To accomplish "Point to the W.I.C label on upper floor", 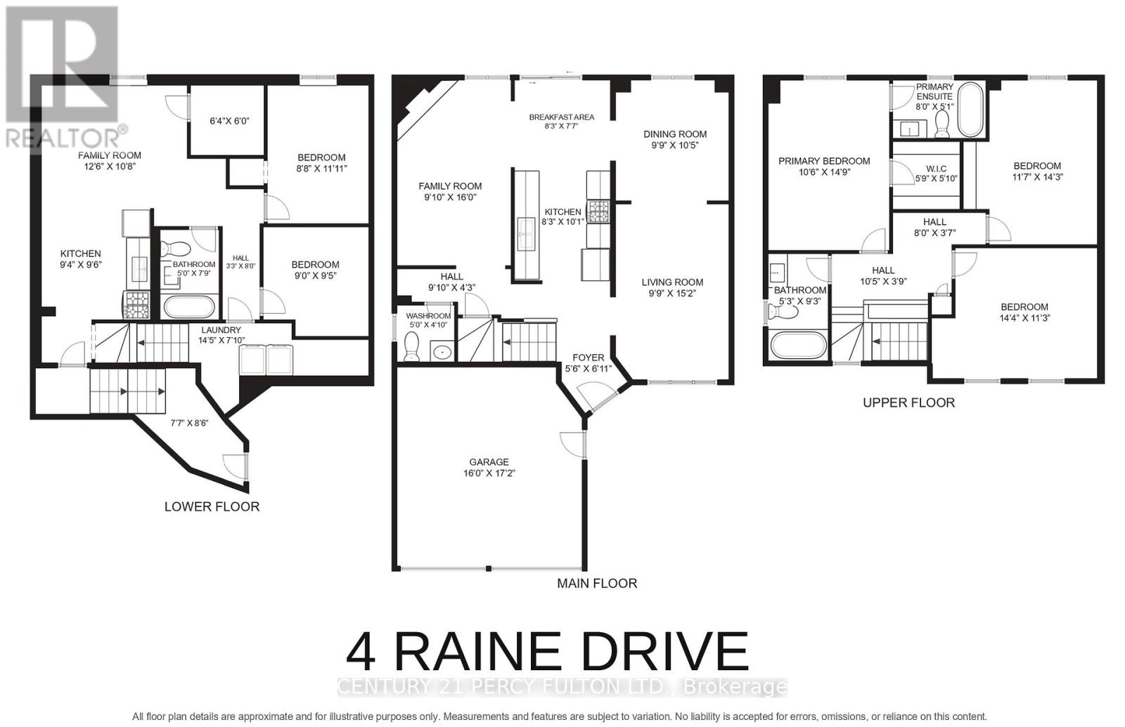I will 936,169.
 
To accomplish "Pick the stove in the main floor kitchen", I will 598,211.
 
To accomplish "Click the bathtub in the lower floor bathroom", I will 189,308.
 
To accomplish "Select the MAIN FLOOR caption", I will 597,583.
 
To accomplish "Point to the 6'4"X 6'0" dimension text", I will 229,121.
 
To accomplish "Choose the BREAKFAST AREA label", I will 561,117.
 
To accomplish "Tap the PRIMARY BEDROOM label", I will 824,161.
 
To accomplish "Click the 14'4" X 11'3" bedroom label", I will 1024,312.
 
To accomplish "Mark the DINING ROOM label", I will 675,134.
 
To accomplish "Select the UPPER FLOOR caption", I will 908,402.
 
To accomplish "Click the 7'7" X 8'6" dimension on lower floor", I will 189,424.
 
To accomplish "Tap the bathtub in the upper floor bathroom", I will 797,345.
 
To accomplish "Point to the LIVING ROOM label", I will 672,282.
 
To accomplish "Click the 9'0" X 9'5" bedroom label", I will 315,270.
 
